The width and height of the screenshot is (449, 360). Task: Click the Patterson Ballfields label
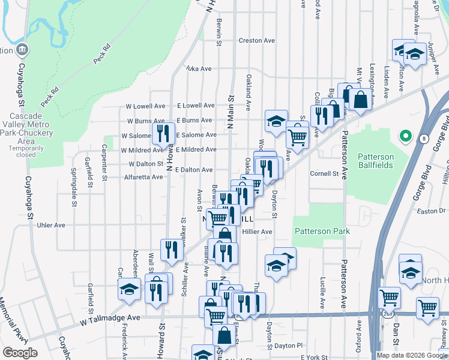coord(376,161)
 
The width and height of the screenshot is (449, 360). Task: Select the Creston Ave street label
coord(256,41)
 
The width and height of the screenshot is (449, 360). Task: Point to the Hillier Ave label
coord(258,232)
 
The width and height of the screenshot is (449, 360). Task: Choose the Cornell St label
coord(324,174)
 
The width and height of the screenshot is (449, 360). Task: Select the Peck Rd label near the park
coord(103,54)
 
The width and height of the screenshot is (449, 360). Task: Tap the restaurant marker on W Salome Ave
coord(163,134)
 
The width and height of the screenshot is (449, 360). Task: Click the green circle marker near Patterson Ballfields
coord(406,136)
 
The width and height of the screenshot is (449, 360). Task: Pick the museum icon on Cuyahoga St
coord(22,49)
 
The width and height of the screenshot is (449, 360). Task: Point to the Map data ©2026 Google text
coord(411,355)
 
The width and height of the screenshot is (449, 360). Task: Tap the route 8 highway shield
coord(424,139)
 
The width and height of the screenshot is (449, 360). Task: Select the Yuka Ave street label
coord(199,69)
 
